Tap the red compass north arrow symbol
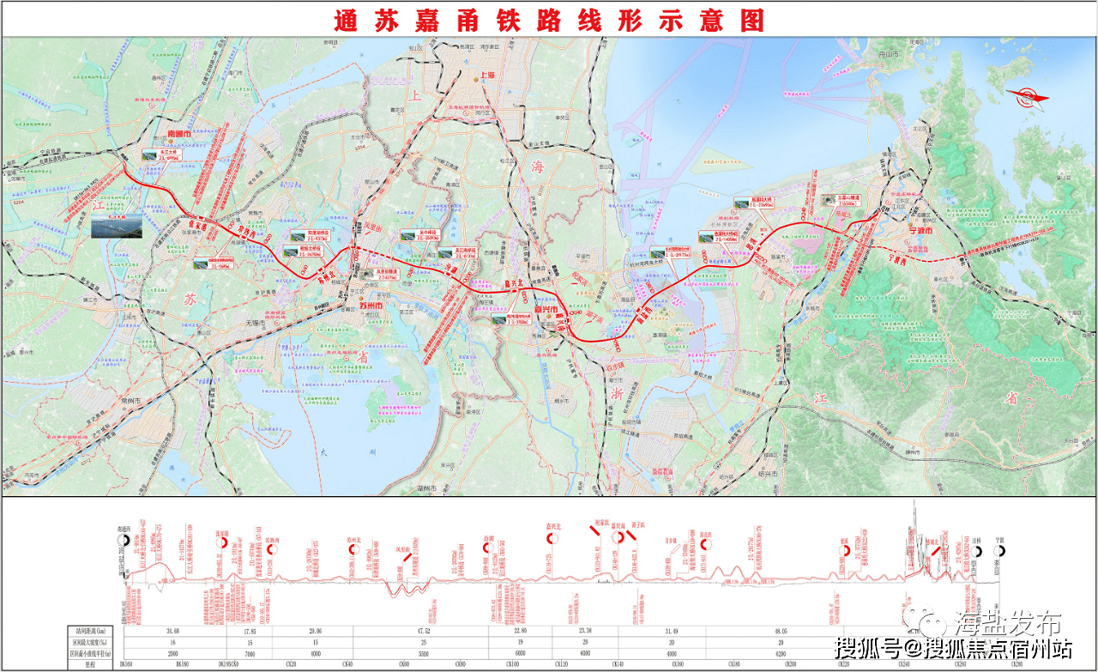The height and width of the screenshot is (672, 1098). tap(1029, 97)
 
